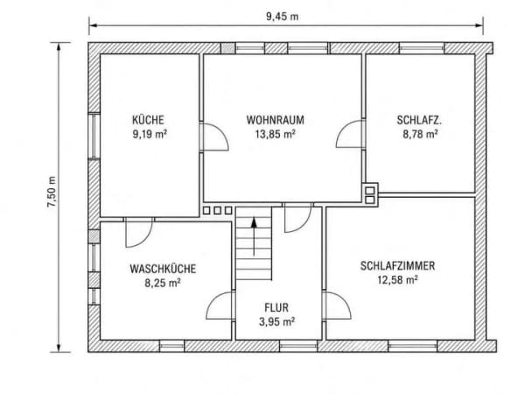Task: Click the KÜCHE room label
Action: (x=148, y=120)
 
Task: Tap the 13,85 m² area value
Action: (x=276, y=134)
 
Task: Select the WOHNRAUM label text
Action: (x=276, y=120)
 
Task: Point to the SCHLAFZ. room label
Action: (x=419, y=120)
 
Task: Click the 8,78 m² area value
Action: (x=420, y=134)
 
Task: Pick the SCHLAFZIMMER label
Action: (x=397, y=265)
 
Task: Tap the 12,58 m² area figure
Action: (x=397, y=280)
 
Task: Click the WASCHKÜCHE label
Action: (x=163, y=269)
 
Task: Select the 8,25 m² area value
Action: (x=163, y=283)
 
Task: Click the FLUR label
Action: (x=276, y=307)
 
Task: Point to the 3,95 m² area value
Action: (x=276, y=321)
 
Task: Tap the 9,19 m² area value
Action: (x=150, y=134)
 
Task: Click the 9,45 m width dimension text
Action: (x=283, y=17)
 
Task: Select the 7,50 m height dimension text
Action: (x=52, y=192)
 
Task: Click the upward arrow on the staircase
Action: (x=254, y=236)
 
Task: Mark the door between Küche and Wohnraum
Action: (x=213, y=137)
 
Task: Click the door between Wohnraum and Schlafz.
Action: (x=350, y=134)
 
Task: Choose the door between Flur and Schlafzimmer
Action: (x=337, y=306)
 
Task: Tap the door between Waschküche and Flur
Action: (x=220, y=306)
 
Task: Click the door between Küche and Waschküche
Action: (x=139, y=233)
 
